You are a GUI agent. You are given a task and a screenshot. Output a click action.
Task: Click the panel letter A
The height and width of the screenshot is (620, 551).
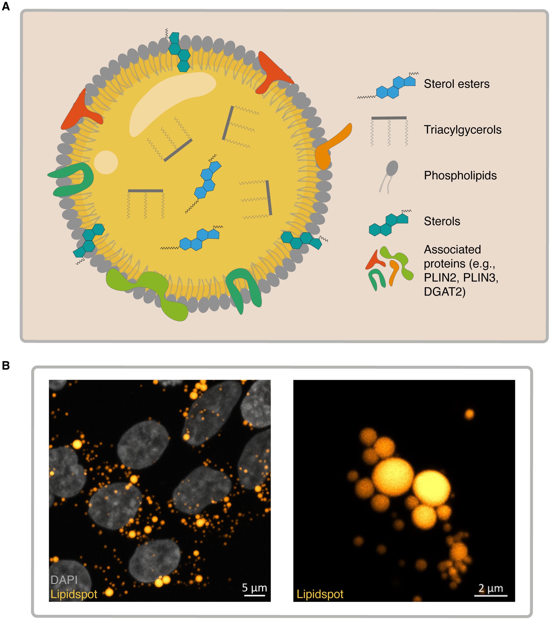pos(6,6)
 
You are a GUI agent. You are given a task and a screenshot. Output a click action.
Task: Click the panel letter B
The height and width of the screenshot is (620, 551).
pos(6,365)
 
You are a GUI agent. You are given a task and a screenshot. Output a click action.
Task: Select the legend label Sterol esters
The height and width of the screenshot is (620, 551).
pos(456,84)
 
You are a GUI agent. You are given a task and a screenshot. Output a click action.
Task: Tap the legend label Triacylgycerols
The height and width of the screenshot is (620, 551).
pos(462,130)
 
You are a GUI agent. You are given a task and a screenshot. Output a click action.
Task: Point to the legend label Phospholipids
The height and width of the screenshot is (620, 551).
pos(460,175)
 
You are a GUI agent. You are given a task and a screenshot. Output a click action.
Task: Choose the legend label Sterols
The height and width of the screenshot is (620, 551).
pos(442,221)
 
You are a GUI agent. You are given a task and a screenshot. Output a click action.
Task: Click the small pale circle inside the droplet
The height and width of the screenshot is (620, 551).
pos(106,162)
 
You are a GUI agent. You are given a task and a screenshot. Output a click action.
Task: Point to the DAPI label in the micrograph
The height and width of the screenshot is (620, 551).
pos(64,580)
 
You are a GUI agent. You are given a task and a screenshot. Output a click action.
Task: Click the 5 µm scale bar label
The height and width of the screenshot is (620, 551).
pos(254,588)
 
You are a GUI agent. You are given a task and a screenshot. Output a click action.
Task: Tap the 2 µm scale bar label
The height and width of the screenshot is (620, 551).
pos(490,588)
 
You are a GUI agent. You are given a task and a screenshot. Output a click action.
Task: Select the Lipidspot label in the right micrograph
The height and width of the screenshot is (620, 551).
pos(320,594)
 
